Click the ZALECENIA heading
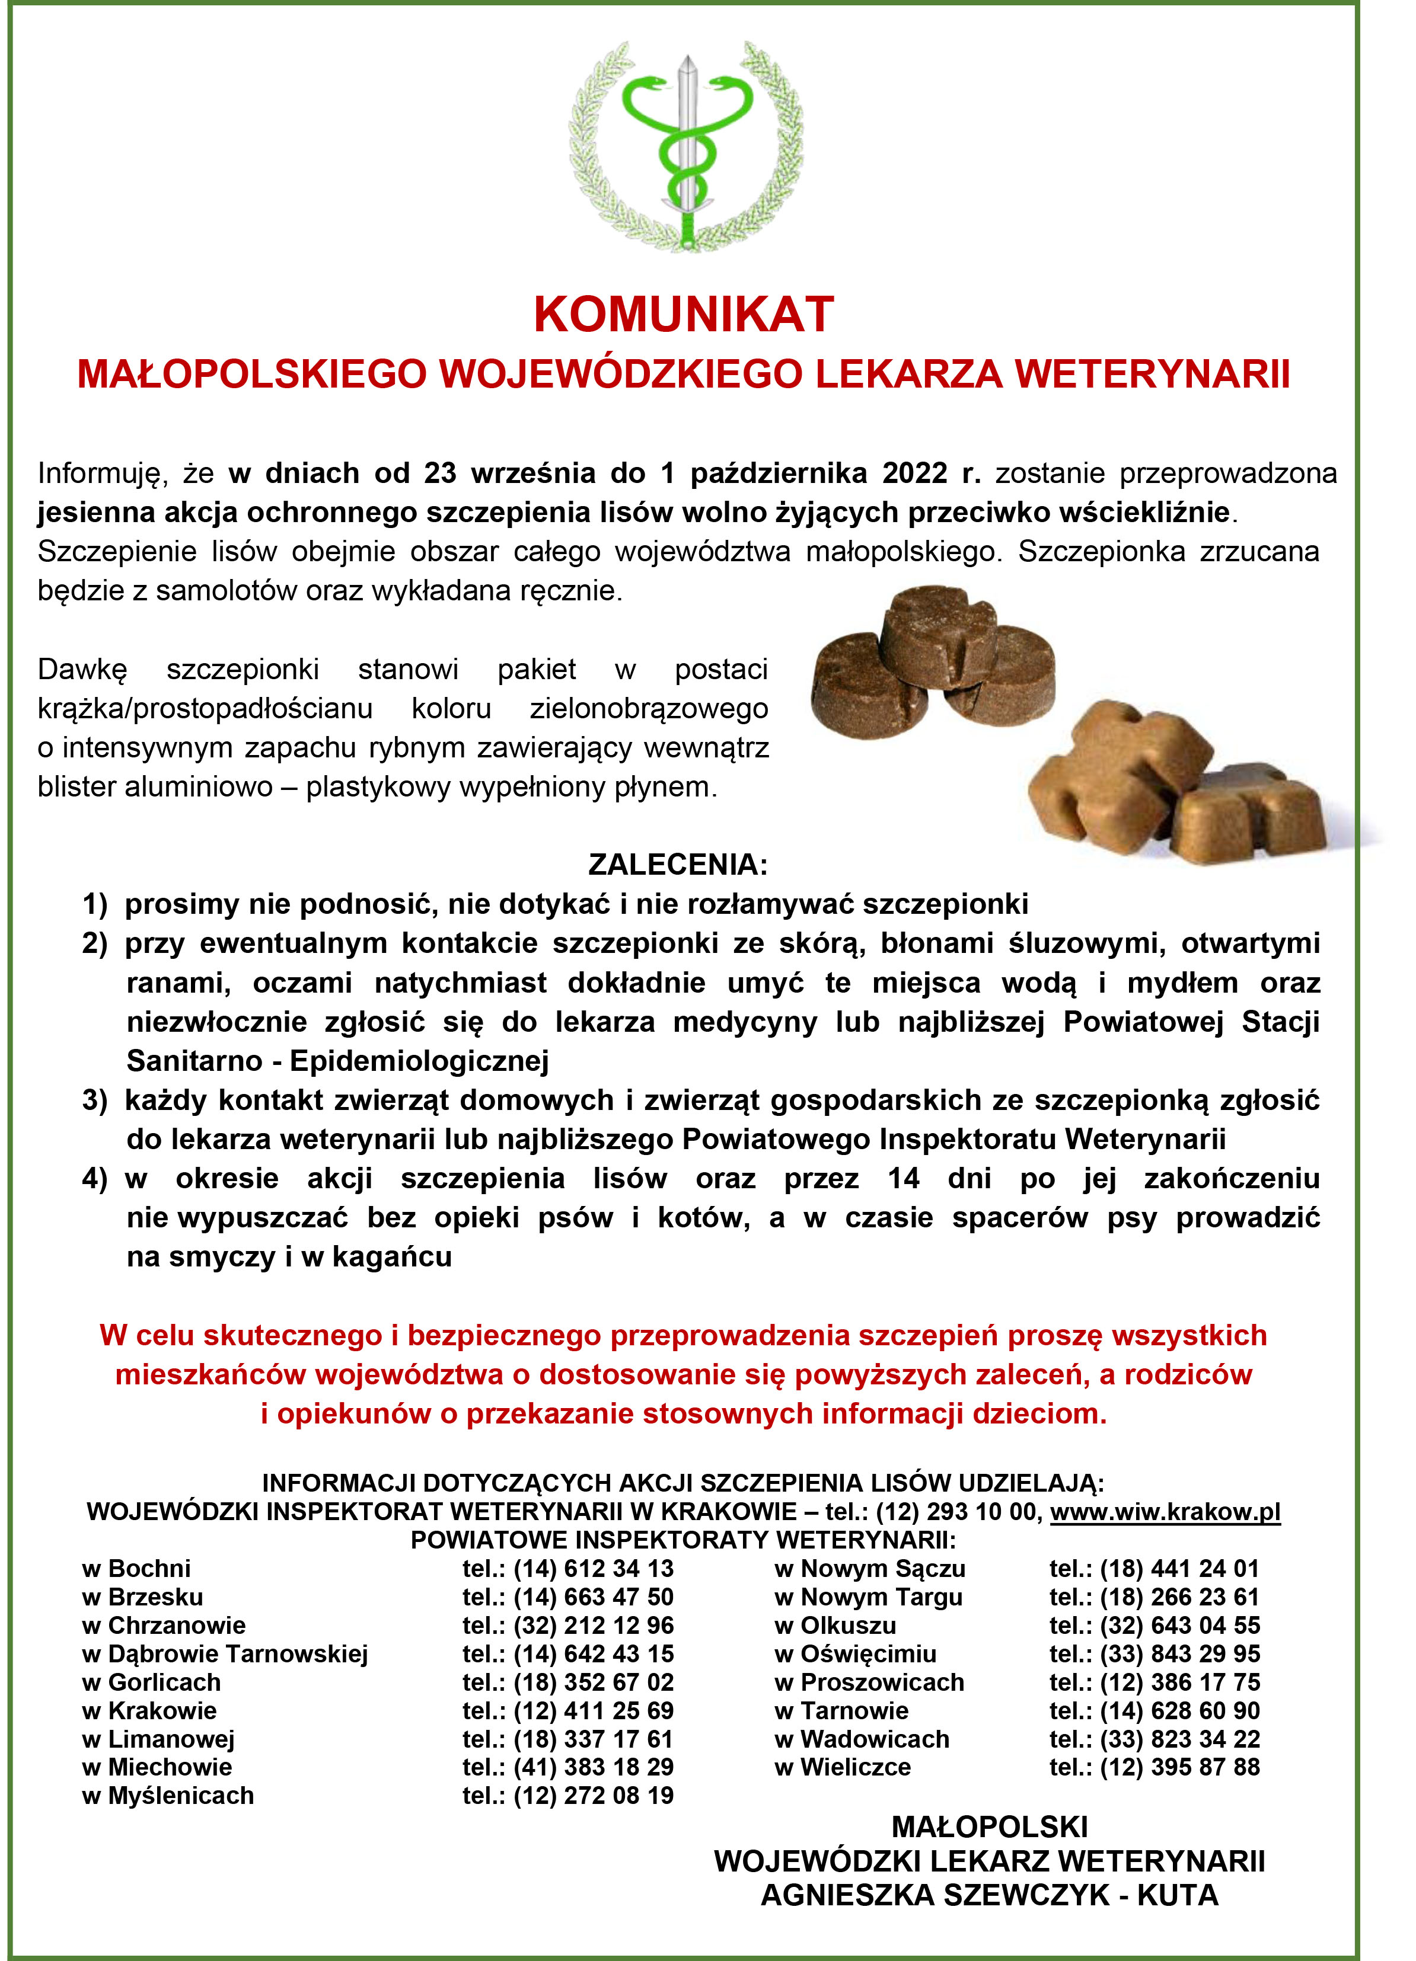coord(677,865)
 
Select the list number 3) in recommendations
coord(94,1101)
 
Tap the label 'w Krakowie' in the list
coord(149,1710)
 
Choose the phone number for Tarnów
coord(1154,1710)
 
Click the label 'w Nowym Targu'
coord(869,1597)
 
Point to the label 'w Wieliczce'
coord(843,1767)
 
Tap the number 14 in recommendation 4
coord(903,1179)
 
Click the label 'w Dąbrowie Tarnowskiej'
coord(225,1654)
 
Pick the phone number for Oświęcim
coord(1154,1654)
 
